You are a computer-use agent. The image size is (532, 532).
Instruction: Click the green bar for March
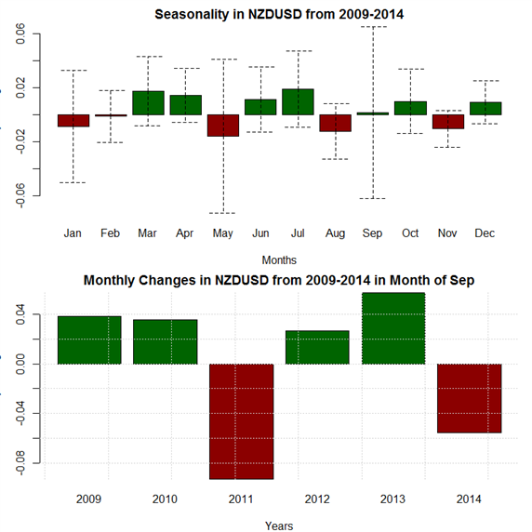(x=148, y=103)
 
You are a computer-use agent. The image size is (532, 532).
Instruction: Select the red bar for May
(x=223, y=126)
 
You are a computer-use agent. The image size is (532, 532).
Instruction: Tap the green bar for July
(x=298, y=101)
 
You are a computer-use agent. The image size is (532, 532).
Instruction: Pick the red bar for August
(x=335, y=123)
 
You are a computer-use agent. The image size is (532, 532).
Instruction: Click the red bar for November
(x=448, y=122)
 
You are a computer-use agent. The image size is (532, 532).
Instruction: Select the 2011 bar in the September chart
(x=242, y=421)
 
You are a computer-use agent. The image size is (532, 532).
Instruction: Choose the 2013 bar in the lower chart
(x=393, y=328)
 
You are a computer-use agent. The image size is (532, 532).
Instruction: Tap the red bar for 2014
(x=470, y=398)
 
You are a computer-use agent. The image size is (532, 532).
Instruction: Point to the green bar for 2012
(x=317, y=348)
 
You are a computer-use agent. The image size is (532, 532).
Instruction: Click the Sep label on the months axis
(x=372, y=233)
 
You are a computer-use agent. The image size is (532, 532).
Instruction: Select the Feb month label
(x=110, y=233)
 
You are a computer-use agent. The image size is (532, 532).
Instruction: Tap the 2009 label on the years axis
(x=88, y=499)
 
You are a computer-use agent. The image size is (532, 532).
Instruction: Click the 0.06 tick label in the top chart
(x=20, y=33)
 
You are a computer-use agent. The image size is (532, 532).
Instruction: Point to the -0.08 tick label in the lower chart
(x=20, y=463)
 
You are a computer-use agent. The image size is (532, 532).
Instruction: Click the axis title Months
(x=279, y=260)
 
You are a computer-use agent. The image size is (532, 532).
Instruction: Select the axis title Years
(x=279, y=525)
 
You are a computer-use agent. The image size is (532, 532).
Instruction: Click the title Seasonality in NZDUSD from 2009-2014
(x=279, y=15)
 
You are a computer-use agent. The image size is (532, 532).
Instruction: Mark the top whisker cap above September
(x=373, y=26)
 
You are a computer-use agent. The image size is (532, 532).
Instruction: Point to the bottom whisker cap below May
(x=222, y=213)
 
